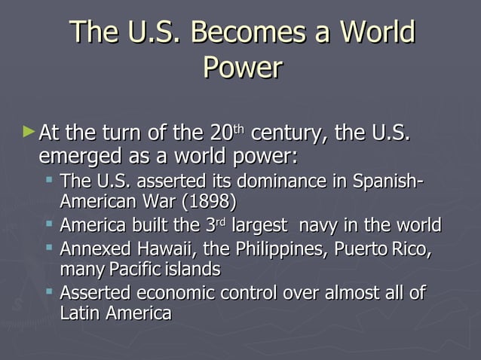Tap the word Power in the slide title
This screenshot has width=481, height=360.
pos(242,68)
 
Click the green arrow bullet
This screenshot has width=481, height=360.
pos(29,133)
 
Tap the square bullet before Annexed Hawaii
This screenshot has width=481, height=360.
pos(48,247)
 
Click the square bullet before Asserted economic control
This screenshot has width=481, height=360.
pos(48,291)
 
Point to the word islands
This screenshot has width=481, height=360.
pos(192,269)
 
